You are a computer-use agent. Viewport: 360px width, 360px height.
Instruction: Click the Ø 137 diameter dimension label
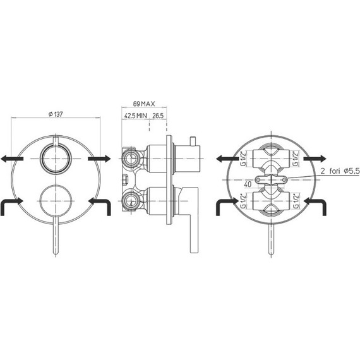tap(56, 114)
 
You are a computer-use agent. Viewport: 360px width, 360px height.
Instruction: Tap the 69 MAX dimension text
tap(144, 104)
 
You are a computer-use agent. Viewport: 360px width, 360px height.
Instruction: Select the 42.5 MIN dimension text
tap(135, 116)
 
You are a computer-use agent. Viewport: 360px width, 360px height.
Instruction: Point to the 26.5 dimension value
tap(158, 116)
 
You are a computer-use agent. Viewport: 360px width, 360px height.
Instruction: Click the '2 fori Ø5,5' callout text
tap(340, 171)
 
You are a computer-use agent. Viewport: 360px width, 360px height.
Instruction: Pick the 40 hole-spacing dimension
tap(248, 184)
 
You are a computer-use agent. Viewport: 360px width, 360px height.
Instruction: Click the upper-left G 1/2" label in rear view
tap(243, 159)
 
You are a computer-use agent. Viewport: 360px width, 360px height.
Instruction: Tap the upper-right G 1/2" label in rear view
tap(296, 159)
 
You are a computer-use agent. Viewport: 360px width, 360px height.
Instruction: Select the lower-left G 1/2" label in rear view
tap(243, 201)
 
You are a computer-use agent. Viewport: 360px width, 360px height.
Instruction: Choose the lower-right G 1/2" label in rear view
tap(296, 201)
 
